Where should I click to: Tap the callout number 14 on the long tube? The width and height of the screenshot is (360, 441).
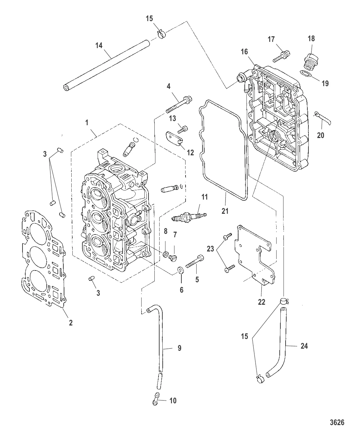(99, 45)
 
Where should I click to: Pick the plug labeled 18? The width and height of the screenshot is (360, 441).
(310, 63)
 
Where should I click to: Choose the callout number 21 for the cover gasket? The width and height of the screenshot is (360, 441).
(225, 210)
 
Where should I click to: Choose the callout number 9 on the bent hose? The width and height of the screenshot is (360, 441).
(179, 348)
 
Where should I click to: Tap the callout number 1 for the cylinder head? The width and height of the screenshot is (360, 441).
(87, 122)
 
